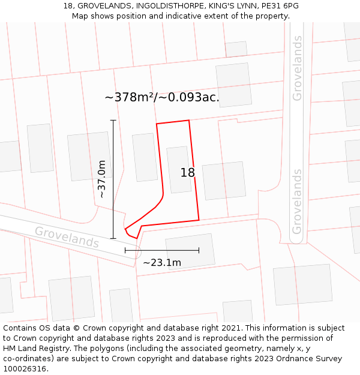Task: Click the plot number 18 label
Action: coord(187,173)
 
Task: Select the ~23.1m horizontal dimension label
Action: coord(161,262)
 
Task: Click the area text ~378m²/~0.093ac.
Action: coord(162,97)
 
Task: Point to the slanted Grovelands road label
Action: coord(67,237)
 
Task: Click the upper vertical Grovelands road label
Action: coord(298,68)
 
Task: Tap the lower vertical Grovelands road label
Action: coord(297,202)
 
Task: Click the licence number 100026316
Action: coord(26,369)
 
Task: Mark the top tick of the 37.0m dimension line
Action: coord(113,120)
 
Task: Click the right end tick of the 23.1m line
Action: coord(199,250)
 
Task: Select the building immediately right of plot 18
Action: coord(224,181)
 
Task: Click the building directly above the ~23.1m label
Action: coord(190,251)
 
